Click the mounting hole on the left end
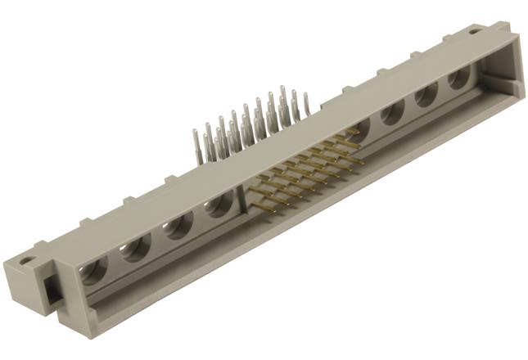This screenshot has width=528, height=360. [x=27, y=262]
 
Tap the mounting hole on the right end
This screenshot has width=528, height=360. [x=475, y=32]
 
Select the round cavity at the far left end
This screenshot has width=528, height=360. [x=96, y=268]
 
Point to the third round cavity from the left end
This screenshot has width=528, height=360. [x=178, y=226]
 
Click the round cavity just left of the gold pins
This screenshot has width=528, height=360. [x=219, y=205]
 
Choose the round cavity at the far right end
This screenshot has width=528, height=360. [x=458, y=78]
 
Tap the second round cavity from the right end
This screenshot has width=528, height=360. [x=425, y=96]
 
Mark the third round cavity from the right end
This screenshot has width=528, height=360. [x=392, y=112]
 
